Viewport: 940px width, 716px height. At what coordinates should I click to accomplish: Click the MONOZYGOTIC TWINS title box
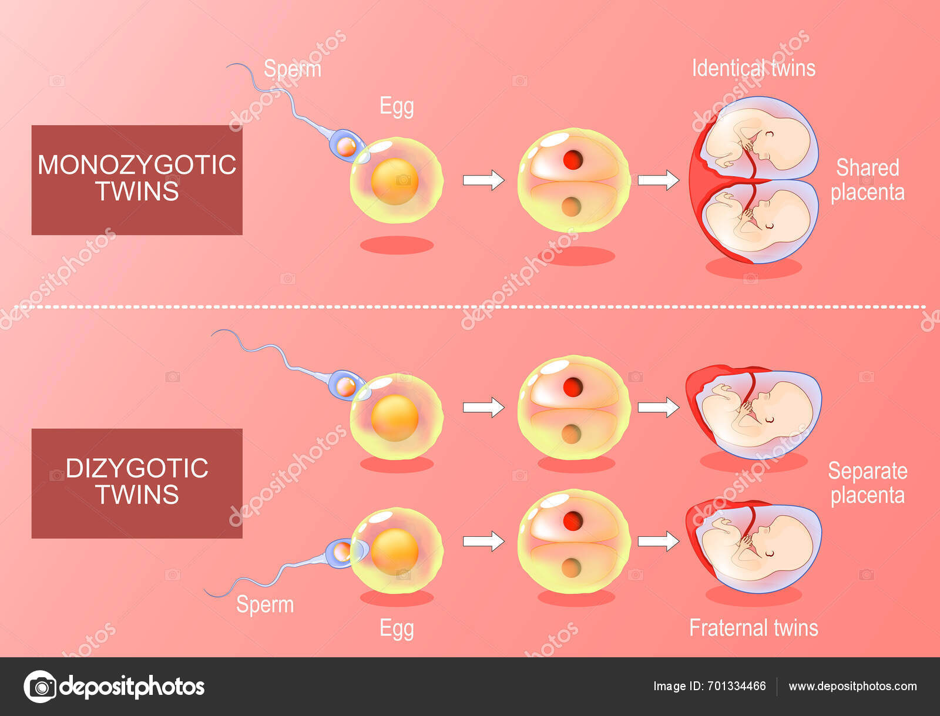(x=137, y=180)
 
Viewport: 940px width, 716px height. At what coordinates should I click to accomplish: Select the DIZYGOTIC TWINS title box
(x=137, y=483)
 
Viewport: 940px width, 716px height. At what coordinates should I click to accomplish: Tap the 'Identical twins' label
(x=753, y=68)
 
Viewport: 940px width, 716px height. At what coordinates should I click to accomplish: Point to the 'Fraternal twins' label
(x=753, y=628)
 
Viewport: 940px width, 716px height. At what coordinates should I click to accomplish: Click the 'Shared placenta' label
(x=867, y=180)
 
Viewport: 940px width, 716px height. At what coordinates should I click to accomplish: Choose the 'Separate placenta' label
(x=867, y=483)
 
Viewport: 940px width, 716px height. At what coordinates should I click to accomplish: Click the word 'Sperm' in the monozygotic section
(x=292, y=69)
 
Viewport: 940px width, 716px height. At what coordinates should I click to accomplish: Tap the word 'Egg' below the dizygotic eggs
(x=397, y=628)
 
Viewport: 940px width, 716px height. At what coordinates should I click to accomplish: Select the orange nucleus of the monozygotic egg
(x=394, y=181)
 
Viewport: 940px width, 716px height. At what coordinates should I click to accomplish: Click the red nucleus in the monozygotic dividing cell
(x=572, y=160)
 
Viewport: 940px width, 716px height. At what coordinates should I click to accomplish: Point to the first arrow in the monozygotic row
(x=483, y=180)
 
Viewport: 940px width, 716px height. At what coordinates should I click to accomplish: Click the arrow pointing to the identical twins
(x=658, y=180)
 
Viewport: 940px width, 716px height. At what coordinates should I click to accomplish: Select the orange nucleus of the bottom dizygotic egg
(x=394, y=551)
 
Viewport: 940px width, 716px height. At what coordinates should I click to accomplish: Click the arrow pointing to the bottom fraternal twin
(x=658, y=540)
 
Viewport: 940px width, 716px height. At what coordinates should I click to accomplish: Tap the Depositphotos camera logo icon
(x=40, y=686)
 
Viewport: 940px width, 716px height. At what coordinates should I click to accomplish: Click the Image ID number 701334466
(x=737, y=686)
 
